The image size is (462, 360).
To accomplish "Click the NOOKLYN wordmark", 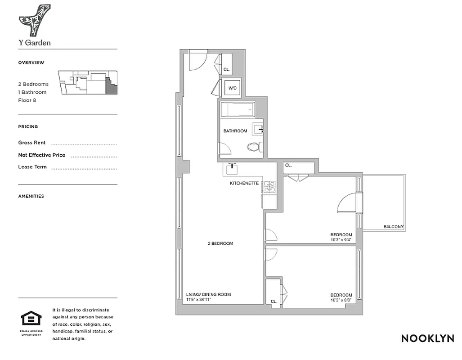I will (427, 338).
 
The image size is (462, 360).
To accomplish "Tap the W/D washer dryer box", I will (233, 88).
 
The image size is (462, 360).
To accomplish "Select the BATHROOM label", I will (235, 131).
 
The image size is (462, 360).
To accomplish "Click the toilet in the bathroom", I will (255, 147).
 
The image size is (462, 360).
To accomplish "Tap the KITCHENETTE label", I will (244, 183).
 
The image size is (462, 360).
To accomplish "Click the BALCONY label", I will (393, 227).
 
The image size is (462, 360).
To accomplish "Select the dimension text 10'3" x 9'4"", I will (341, 239).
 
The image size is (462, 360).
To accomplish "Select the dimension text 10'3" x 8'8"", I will (341, 301).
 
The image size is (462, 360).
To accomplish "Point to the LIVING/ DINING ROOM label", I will (208, 294).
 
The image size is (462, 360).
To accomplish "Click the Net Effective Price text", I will (41, 155).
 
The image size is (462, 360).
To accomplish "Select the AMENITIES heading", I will (31, 196).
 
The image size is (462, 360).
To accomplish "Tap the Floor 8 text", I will (27, 100).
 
